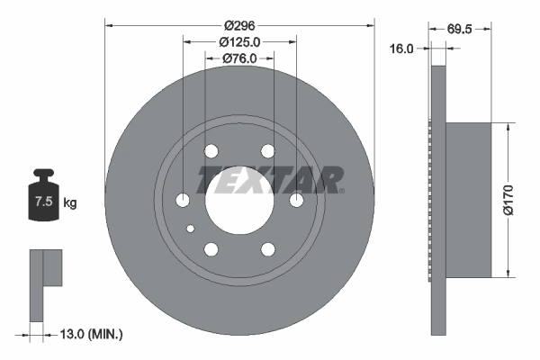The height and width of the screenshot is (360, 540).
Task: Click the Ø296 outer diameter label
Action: click(x=239, y=26)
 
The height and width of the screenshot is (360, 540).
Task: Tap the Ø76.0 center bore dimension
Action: click(x=239, y=58)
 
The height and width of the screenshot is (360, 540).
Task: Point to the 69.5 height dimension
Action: click(x=461, y=28)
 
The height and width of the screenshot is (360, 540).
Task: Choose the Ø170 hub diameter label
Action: click(x=508, y=200)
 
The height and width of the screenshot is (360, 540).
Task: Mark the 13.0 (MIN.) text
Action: click(x=90, y=334)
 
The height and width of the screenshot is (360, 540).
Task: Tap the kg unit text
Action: click(x=70, y=203)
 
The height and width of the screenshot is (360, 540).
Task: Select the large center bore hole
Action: click(x=239, y=200)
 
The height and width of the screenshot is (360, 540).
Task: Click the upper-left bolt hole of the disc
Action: click(x=211, y=151)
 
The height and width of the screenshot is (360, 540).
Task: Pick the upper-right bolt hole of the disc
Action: click(x=267, y=151)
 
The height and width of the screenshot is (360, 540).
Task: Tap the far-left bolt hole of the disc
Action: click(x=184, y=200)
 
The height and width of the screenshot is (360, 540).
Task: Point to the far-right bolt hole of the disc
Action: click(x=295, y=200)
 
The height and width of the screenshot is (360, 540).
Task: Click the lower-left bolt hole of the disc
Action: click(x=211, y=248)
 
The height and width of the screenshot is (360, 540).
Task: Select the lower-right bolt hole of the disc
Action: click(x=267, y=248)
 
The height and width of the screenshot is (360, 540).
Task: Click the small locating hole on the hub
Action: click(x=191, y=229)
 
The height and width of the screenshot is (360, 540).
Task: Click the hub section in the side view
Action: click(x=469, y=200)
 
